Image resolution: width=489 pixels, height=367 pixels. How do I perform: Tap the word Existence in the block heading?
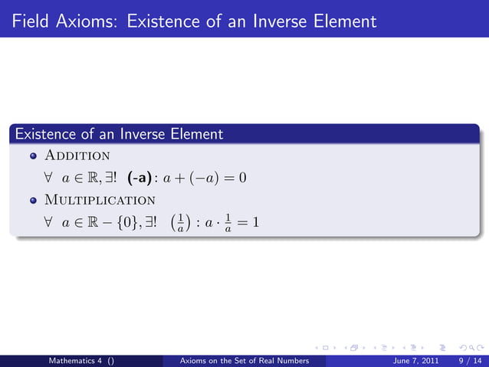[x=46, y=135]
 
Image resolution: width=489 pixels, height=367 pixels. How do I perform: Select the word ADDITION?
[x=77, y=156]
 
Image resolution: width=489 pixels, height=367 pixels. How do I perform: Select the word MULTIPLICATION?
[x=100, y=201]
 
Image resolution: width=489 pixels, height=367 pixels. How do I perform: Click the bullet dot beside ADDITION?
[x=33, y=157]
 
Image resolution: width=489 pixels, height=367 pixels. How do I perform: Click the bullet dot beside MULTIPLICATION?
[x=33, y=201]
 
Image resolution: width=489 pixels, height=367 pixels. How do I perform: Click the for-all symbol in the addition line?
[x=48, y=179]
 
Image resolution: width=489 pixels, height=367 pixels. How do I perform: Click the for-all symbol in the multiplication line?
[x=48, y=224]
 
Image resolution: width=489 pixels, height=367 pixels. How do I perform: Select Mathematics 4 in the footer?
[x=77, y=360]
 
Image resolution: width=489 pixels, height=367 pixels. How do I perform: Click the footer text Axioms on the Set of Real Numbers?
[x=243, y=360]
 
